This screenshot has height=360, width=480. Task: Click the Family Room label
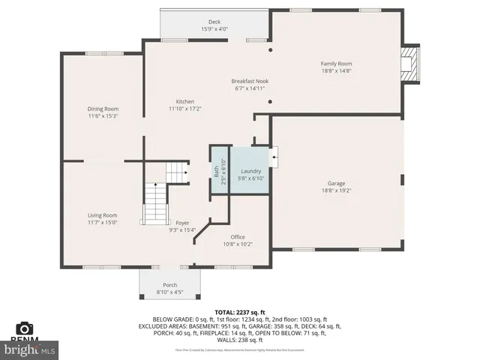pyautogui.click(x=336, y=64)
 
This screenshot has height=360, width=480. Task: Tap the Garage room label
pyautogui.click(x=336, y=183)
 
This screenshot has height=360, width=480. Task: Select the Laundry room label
pyautogui.click(x=250, y=171)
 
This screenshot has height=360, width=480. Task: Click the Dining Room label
pyautogui.click(x=103, y=109)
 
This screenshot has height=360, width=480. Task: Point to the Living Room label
pyautogui.click(x=103, y=215)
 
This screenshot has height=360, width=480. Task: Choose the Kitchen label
pyautogui.click(x=185, y=102)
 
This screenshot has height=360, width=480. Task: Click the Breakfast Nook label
pyautogui.click(x=250, y=81)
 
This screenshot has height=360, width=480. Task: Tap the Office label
pyautogui.click(x=238, y=237)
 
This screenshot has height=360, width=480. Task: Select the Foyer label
pyautogui.click(x=182, y=223)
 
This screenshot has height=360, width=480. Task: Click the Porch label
pyautogui.click(x=169, y=285)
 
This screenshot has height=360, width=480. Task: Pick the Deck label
pyautogui.click(x=214, y=22)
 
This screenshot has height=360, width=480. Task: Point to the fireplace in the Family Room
pyautogui.click(x=409, y=66)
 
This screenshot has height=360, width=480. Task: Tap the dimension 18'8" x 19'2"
pyautogui.click(x=336, y=190)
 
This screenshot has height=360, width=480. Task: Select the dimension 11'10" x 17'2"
pyautogui.click(x=185, y=109)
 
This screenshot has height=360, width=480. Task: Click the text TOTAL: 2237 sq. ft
pyautogui.click(x=240, y=311)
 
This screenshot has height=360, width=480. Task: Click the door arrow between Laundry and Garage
pyautogui.click(x=274, y=157)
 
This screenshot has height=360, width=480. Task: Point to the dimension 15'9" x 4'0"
pyautogui.click(x=214, y=29)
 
